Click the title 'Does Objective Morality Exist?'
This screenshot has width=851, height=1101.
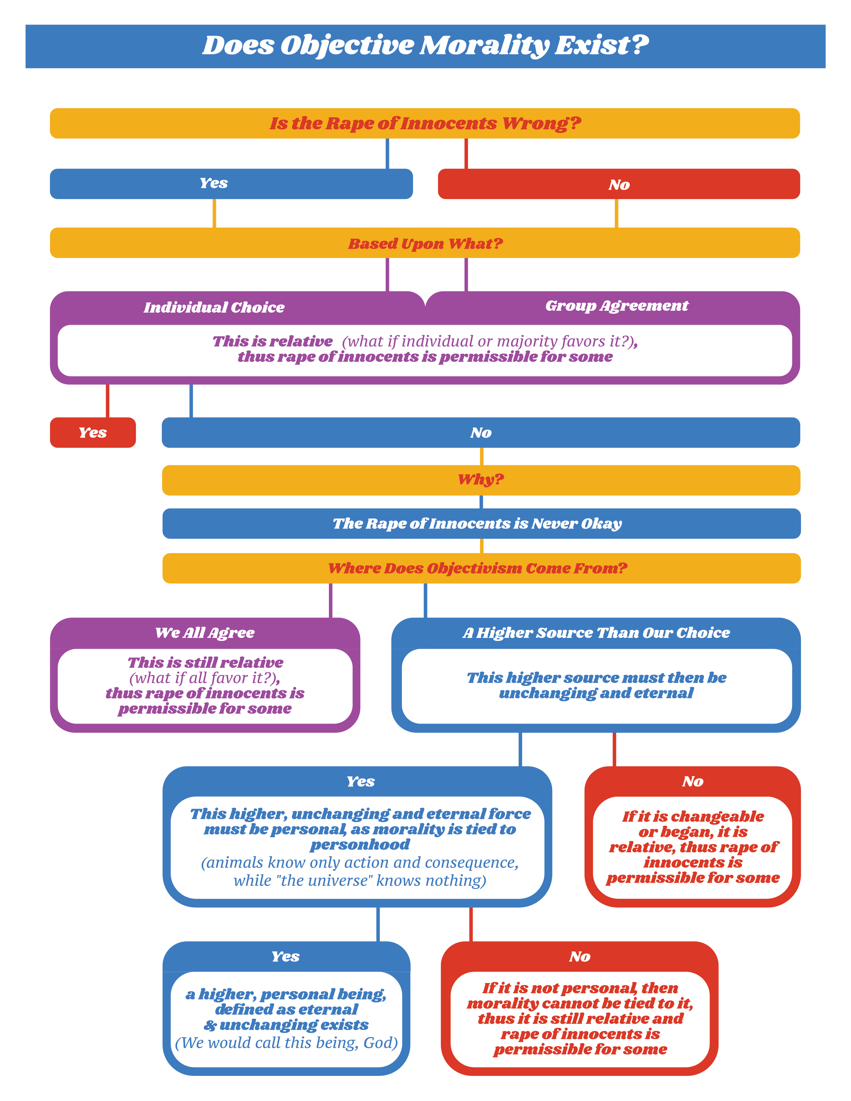pyautogui.click(x=425, y=45)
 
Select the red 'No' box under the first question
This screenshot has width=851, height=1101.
pyautogui.click(x=619, y=184)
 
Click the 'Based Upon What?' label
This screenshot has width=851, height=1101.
pyautogui.click(x=425, y=243)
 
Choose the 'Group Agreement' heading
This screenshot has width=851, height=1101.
pyautogui.click(x=616, y=306)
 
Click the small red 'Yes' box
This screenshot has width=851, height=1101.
pyautogui.click(x=93, y=433)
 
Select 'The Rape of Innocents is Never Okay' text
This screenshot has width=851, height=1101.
pyautogui.click(x=477, y=524)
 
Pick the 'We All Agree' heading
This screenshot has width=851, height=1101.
pyautogui.click(x=205, y=633)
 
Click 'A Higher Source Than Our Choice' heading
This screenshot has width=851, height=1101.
pyautogui.click(x=596, y=633)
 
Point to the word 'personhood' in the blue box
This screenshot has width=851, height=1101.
pyautogui.click(x=360, y=844)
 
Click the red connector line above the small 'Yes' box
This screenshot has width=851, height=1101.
pyautogui.click(x=107, y=401)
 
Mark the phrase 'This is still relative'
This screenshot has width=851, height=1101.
pyautogui.click(x=205, y=662)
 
